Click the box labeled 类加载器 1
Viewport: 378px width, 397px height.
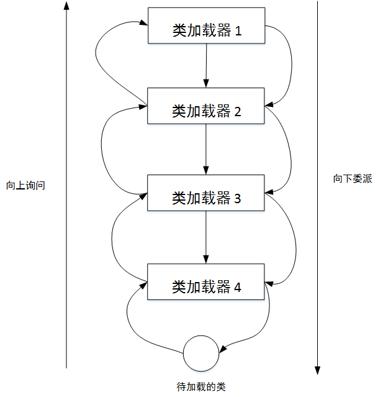point(206,25)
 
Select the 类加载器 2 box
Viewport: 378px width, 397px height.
point(206,106)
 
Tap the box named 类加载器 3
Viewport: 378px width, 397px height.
point(206,193)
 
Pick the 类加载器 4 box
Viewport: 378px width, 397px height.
point(206,281)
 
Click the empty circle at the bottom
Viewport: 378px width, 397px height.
point(201,353)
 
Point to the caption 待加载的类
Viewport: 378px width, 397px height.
point(201,386)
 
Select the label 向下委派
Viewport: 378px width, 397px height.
point(352,179)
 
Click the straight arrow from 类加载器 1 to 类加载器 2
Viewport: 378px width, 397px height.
point(206,65)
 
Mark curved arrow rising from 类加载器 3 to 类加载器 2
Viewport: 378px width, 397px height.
point(102,149)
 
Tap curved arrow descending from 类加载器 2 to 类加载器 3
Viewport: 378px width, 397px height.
point(290,149)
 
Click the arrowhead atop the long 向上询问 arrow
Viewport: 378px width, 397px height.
point(66,6)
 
